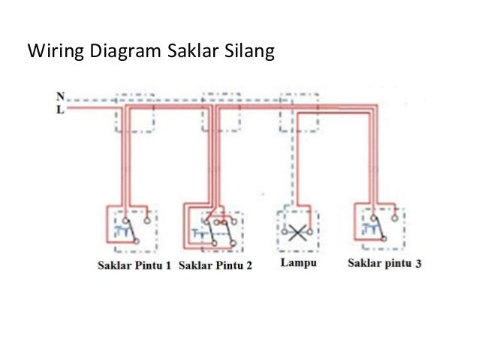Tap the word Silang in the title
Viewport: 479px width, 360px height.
click(x=252, y=53)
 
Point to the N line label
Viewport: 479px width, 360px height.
click(x=60, y=96)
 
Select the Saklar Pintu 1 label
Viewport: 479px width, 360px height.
click(x=134, y=265)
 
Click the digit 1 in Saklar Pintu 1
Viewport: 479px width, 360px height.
click(x=169, y=265)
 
